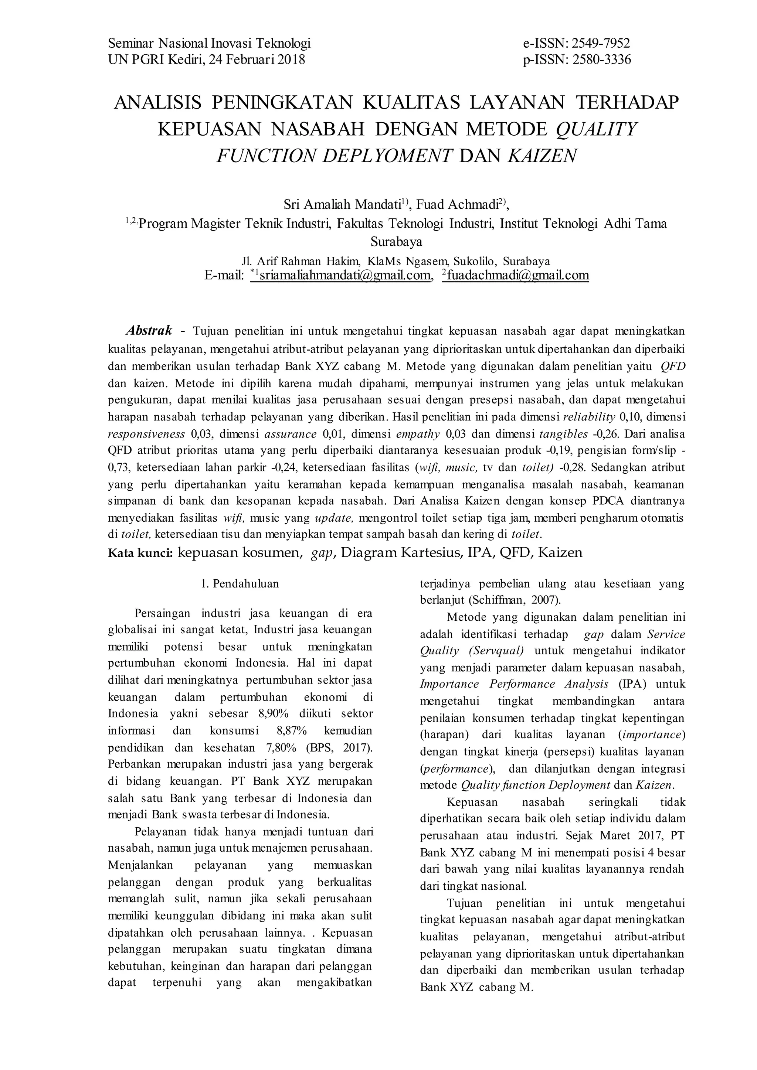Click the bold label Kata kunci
pos(141,553)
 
